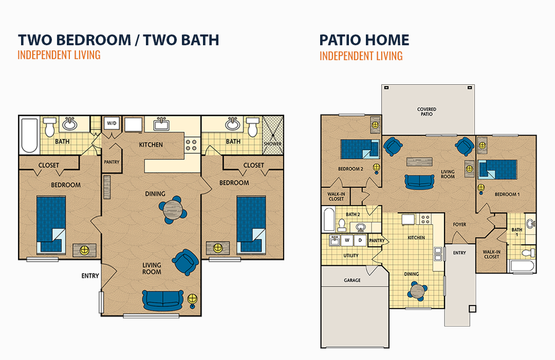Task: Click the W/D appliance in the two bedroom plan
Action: click(x=112, y=123)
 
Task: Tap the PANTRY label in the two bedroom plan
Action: click(x=112, y=162)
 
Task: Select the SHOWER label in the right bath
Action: click(x=272, y=144)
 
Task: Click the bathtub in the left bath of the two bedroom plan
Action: click(x=30, y=135)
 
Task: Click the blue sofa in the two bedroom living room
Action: click(x=163, y=300)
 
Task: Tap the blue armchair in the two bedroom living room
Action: click(x=185, y=262)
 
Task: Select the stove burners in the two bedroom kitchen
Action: click(x=192, y=145)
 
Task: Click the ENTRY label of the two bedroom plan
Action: click(x=90, y=276)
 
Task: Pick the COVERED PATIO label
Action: click(x=427, y=112)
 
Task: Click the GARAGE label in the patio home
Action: click(x=352, y=280)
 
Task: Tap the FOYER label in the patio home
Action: click(x=459, y=225)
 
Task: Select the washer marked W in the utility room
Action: click(x=347, y=240)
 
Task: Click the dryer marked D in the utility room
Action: click(x=360, y=240)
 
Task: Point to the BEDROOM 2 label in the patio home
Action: click(x=350, y=169)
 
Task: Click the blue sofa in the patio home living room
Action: click(x=419, y=182)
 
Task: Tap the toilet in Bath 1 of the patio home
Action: click(x=528, y=253)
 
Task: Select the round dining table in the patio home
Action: click(x=417, y=291)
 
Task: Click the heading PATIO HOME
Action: click(x=364, y=40)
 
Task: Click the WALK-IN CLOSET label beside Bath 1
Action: click(x=491, y=255)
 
